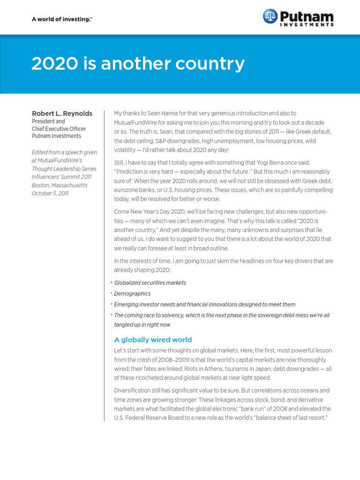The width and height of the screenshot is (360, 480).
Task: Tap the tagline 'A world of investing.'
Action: (x=55, y=19)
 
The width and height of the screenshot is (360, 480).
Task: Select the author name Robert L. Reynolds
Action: (x=62, y=113)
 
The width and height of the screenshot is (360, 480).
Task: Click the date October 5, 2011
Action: (x=50, y=193)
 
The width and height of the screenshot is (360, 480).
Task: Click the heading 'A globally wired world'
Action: (x=153, y=340)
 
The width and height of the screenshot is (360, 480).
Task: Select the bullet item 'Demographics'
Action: (x=132, y=293)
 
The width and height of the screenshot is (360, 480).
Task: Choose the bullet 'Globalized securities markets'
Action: (x=150, y=283)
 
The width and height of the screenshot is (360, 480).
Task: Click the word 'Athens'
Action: (x=191, y=368)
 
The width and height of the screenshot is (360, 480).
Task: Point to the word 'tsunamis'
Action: (x=222, y=368)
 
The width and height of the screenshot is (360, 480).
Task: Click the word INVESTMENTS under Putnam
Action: (x=307, y=24)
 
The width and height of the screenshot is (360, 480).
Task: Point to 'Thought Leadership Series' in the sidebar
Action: (x=63, y=169)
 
